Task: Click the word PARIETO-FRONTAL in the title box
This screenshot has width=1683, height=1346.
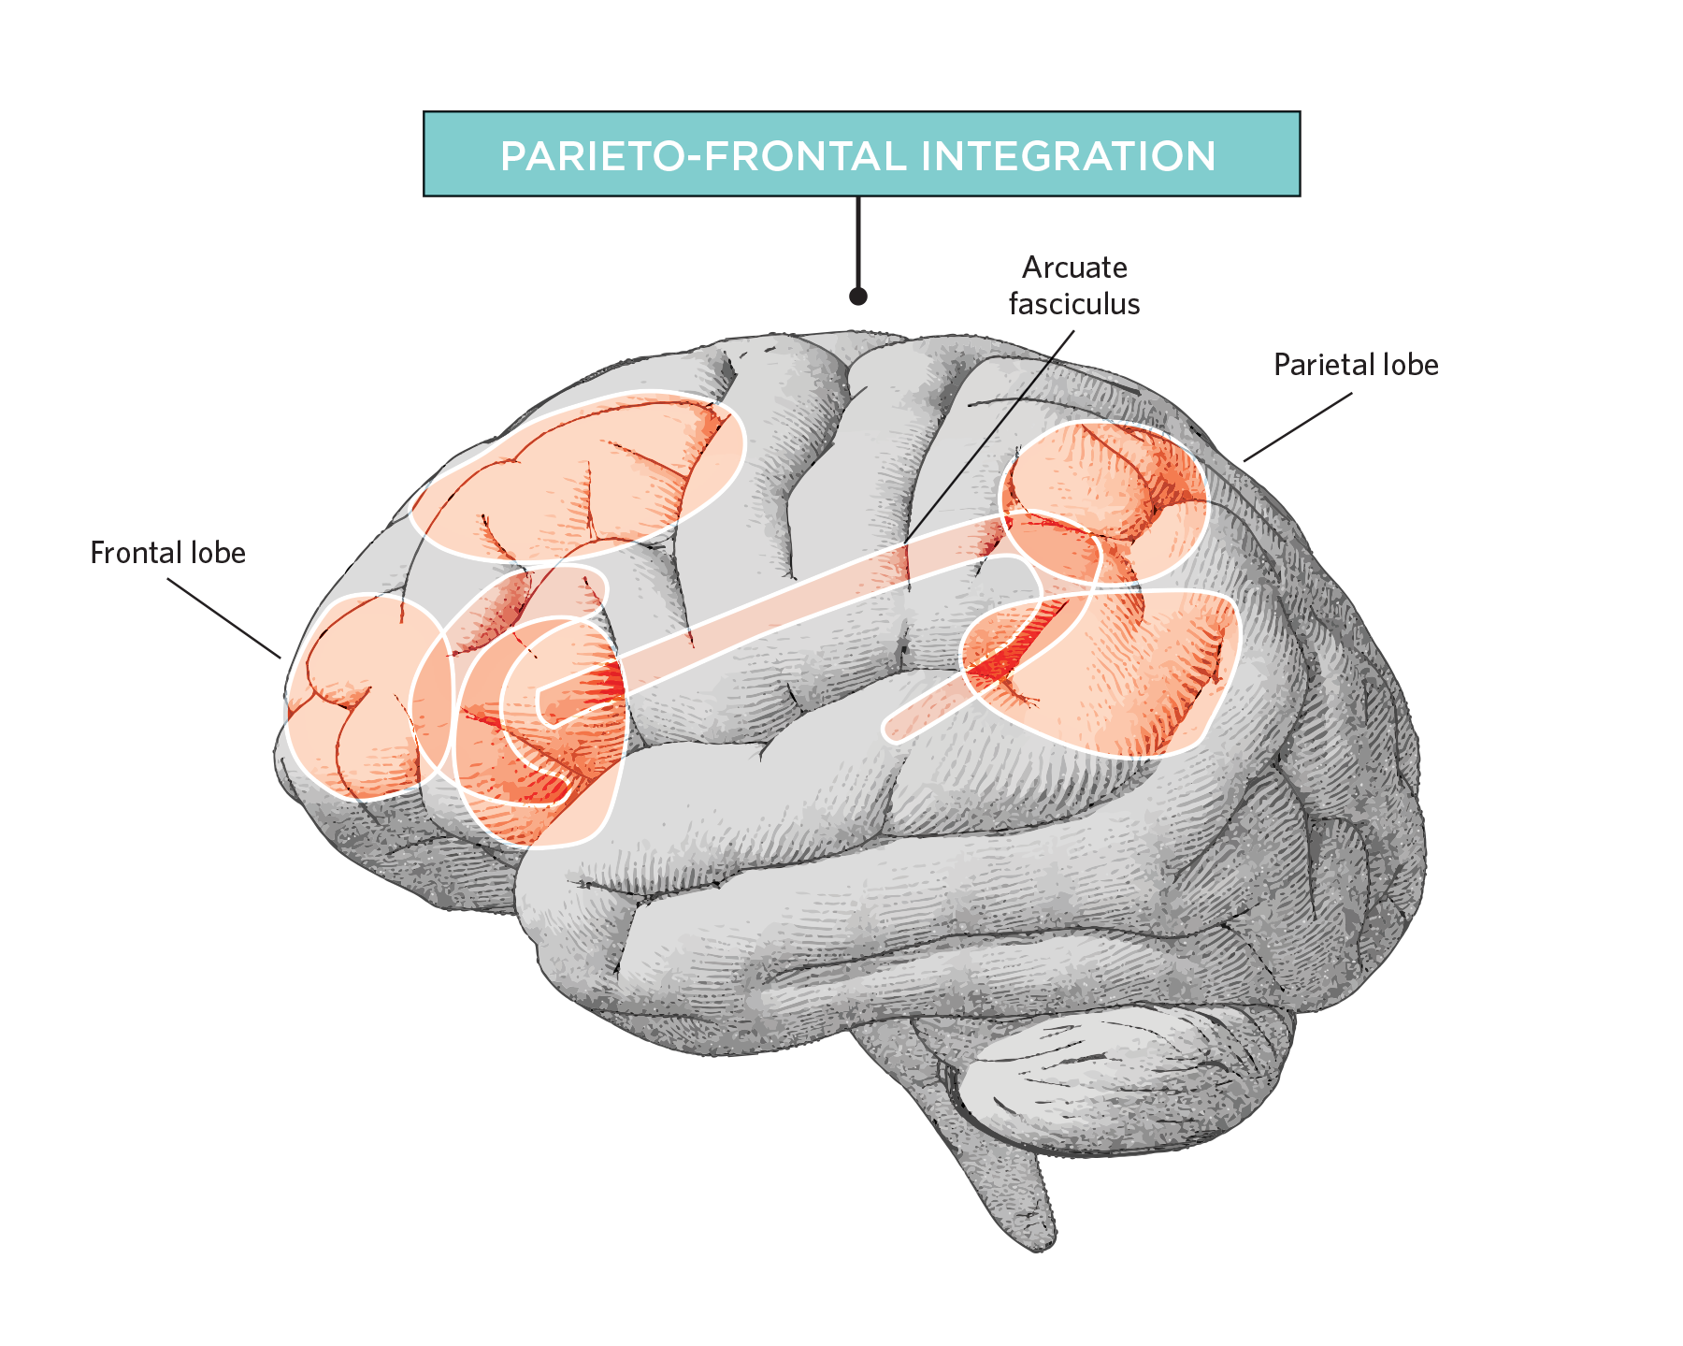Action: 704,156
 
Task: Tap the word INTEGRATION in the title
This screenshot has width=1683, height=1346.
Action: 1069,156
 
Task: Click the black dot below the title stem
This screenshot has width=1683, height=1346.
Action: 858,297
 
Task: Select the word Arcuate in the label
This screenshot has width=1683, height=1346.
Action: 1074,268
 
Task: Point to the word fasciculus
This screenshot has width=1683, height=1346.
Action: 1074,304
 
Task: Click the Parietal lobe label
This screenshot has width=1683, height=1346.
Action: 1356,365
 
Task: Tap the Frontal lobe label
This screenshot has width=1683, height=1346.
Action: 168,554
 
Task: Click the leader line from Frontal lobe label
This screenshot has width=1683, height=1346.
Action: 224,618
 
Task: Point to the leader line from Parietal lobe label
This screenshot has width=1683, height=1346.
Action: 1298,427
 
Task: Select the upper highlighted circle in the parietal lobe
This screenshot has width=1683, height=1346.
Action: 1105,502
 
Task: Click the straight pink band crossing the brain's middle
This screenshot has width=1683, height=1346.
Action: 776,617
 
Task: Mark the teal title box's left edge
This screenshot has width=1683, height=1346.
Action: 424,153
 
